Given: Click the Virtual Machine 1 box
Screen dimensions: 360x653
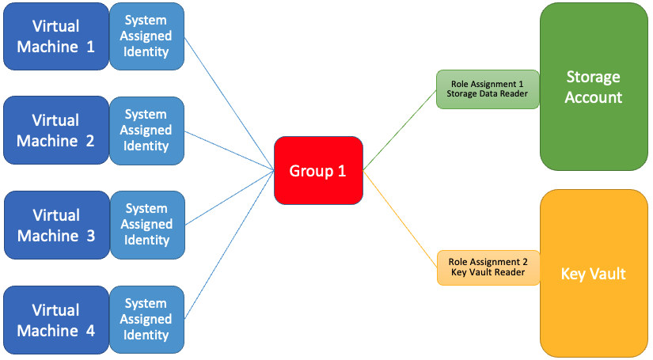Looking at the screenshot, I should coord(55,36).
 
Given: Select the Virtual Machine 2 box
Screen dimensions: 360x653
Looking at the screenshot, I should coord(55,131).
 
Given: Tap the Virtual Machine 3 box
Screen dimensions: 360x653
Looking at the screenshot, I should coord(55,225).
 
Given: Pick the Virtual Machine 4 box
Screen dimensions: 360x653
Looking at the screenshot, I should coord(55,320).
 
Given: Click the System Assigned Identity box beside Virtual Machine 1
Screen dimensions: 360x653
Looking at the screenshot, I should coord(146,36).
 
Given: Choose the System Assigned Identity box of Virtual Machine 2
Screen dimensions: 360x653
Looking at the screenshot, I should coord(146,131).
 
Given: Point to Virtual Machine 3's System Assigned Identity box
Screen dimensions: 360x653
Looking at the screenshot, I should coord(146,225).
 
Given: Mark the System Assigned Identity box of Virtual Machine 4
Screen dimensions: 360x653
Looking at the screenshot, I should coord(146,320).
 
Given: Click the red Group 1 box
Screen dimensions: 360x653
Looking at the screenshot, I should coord(318,171).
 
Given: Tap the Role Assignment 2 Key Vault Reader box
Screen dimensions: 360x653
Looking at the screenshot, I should coord(488,267).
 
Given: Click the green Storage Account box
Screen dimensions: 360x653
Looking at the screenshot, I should coord(593,87).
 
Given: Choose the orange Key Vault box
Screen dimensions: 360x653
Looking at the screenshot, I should coord(593,274).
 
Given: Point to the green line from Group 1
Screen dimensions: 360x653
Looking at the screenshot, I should coord(400,129).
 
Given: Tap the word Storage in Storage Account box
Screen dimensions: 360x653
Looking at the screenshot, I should coord(593,77).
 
